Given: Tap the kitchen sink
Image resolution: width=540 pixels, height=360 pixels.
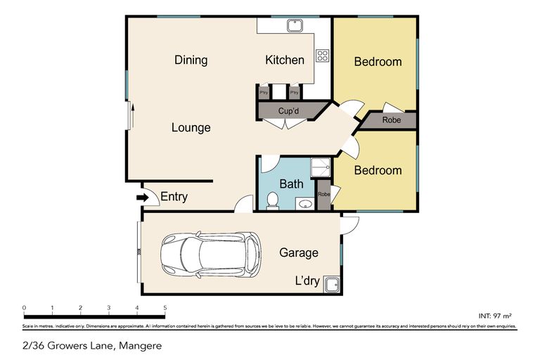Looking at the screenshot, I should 294,26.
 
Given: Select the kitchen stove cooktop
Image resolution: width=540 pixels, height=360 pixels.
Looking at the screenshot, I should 322,56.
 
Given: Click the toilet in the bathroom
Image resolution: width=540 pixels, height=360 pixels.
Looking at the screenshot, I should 271,202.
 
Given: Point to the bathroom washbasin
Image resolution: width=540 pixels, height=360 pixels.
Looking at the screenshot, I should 305,205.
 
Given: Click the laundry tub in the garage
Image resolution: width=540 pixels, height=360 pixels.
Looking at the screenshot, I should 331,284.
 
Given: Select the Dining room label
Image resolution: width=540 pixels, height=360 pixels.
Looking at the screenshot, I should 191,60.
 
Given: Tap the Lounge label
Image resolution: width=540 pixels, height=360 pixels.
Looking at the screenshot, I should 191,128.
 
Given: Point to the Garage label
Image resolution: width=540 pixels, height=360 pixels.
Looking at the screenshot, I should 299,253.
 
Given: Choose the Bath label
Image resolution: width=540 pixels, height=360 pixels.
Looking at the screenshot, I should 291,184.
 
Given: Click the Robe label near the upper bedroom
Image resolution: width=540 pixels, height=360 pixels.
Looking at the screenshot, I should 392,120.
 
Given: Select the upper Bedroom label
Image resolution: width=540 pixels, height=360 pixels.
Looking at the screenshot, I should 378,62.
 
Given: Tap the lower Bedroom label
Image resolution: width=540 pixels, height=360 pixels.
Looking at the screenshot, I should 378,170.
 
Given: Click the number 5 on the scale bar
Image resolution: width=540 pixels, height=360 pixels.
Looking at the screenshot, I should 165,308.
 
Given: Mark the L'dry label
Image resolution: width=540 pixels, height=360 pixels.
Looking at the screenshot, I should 307,281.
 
